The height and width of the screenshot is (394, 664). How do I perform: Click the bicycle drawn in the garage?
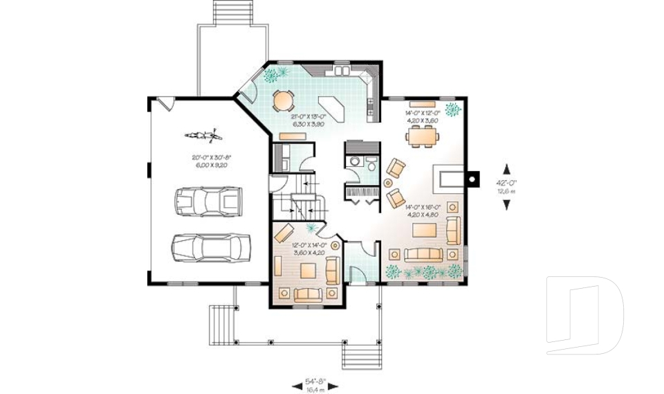pos(202,134)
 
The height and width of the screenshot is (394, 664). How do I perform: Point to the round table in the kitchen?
pos(283,101)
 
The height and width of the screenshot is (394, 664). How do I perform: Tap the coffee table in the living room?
pos(425,230)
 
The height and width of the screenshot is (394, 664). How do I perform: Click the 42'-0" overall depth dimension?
pos(507,186)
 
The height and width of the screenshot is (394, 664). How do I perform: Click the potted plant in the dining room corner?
pos(454,109)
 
